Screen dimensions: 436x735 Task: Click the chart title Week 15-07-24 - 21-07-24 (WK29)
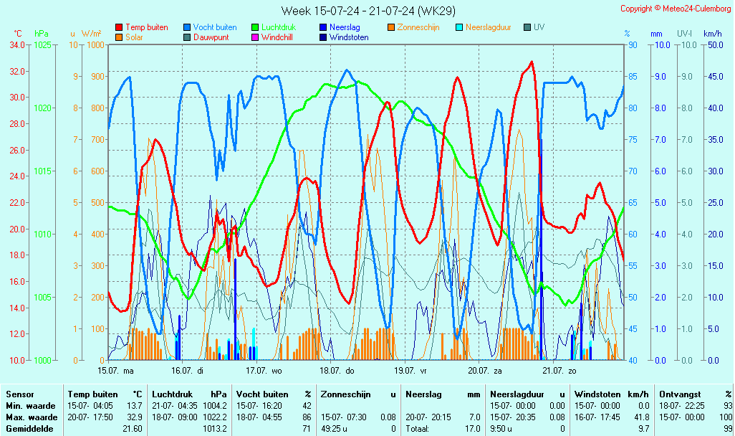tap(368, 10)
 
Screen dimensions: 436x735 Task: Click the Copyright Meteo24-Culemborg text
tap(676, 9)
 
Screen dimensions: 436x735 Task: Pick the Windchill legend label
tap(277, 37)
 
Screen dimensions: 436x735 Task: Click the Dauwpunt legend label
tap(211, 37)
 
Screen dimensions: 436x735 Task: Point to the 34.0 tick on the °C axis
tap(17, 45)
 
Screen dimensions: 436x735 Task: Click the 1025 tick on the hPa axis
tap(42, 45)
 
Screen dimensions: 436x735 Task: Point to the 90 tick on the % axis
tap(633, 45)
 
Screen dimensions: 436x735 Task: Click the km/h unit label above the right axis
tap(713, 34)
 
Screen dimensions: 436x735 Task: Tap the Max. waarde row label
tap(32, 417)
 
